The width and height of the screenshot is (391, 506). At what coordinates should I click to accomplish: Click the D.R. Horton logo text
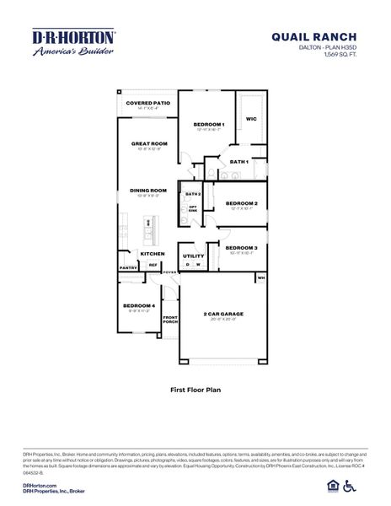[73, 37]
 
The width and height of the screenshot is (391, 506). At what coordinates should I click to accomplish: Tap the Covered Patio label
[147, 103]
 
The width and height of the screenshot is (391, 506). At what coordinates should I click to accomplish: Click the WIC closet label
[251, 119]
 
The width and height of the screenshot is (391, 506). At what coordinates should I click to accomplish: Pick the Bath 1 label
[238, 161]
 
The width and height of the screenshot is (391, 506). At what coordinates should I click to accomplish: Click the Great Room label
[149, 143]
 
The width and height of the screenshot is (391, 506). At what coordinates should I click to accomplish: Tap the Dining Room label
[148, 191]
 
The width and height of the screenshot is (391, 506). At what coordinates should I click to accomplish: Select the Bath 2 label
[191, 194]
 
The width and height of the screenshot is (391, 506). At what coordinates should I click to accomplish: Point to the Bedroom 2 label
[241, 203]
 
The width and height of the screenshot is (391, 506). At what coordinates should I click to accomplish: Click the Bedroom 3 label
[241, 247]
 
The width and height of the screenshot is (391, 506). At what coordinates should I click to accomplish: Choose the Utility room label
[193, 256]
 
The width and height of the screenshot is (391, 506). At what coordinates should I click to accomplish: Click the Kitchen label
[152, 253]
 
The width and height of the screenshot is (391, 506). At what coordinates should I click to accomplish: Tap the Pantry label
[128, 267]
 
